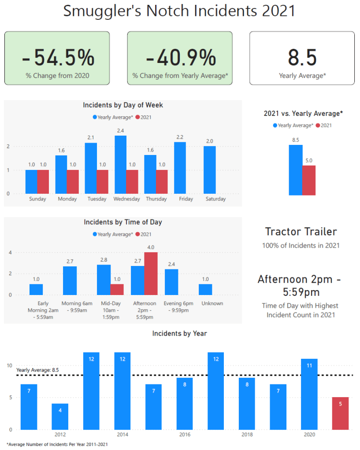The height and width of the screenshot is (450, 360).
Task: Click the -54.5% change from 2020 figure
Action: pyautogui.click(x=57, y=57)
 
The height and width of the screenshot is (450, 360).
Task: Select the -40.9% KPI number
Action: pyautogui.click(x=180, y=57)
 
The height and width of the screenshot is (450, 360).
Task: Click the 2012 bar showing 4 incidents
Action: pyautogui.click(x=59, y=416)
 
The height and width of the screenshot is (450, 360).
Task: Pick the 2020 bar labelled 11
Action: pyautogui.click(x=309, y=394)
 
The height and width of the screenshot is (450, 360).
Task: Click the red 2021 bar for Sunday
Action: pyautogui.click(x=44, y=182)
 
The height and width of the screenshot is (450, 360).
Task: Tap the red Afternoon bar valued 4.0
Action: pyautogui.click(x=151, y=273)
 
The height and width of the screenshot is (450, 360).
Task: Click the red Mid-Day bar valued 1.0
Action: pyautogui.click(x=117, y=289)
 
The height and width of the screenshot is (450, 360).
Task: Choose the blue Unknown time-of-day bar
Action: pyautogui.click(x=205, y=289)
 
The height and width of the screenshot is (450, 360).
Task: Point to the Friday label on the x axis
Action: pyautogui.click(x=186, y=199)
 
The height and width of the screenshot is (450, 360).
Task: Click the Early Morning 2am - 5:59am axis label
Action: pyautogui.click(x=43, y=310)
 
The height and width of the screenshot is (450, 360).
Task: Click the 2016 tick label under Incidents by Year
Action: pyautogui.click(x=185, y=435)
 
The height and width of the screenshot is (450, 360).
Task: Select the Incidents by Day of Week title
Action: pyautogui.click(x=123, y=105)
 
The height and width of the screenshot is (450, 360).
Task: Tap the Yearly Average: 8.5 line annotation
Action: pyautogui.click(x=37, y=370)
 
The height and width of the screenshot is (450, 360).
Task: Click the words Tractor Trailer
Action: pyautogui.click(x=301, y=232)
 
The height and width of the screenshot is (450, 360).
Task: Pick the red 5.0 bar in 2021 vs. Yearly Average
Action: pyautogui.click(x=309, y=180)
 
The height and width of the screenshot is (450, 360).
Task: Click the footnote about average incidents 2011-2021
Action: pyautogui.click(x=57, y=444)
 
